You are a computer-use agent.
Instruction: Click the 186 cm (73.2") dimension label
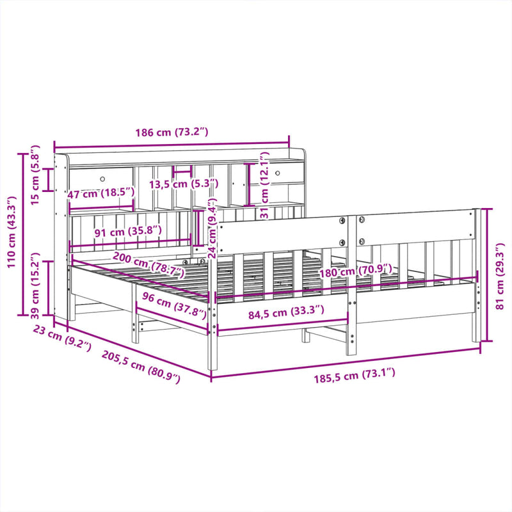click(172, 132)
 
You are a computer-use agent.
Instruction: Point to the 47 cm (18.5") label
click(100, 193)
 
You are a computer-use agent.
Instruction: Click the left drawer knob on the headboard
click(102, 177)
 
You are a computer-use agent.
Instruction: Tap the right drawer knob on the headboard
click(278, 172)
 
